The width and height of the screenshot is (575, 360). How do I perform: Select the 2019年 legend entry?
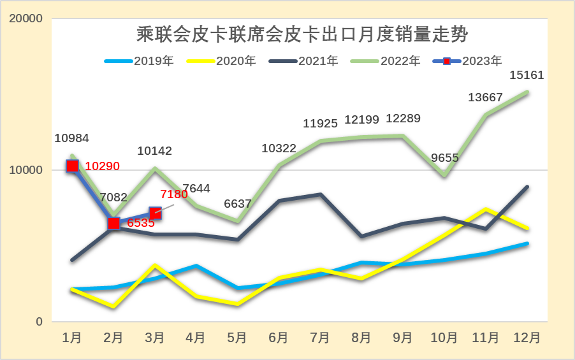tap(139, 61)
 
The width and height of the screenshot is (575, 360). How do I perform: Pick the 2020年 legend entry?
tap(221, 61)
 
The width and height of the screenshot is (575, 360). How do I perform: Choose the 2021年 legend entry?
tap(303, 61)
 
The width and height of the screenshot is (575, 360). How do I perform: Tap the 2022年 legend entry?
tap(385, 61)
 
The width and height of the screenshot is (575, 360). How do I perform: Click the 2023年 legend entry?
tap(467, 61)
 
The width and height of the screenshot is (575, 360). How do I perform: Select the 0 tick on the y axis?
tap(39, 322)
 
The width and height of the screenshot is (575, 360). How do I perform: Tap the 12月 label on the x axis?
tap(527, 337)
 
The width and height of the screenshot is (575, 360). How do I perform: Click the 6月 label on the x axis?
tap(279, 337)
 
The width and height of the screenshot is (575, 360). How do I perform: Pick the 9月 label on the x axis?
tap(403, 337)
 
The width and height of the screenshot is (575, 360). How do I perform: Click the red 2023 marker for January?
tap(72, 166)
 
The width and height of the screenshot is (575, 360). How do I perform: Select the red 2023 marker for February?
tap(113, 223)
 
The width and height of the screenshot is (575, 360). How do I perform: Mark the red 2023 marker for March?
tap(155, 213)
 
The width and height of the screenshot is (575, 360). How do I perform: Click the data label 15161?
tap(527, 75)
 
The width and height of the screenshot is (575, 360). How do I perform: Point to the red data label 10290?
tap(102, 166)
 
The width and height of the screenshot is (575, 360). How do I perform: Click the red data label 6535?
tap(141, 224)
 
